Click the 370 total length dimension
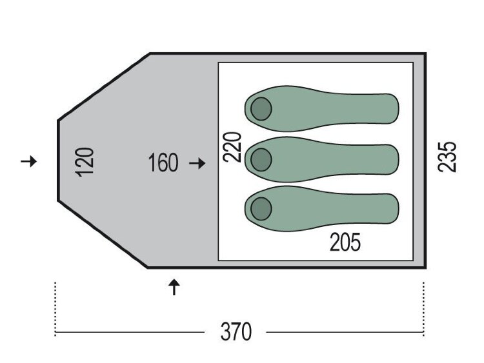pyautogui.click(x=236, y=331)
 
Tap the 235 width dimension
pyautogui.click(x=447, y=157)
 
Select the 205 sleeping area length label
pyautogui.click(x=345, y=242)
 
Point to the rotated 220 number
pyautogui.click(x=232, y=147)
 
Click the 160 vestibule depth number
pyautogui.click(x=163, y=162)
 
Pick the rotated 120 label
pyautogui.click(x=85, y=162)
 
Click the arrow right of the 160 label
pyautogui.click(x=197, y=163)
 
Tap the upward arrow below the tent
pyautogui.click(x=174, y=287)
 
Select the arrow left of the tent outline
pyautogui.click(x=28, y=161)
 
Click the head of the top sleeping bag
pyautogui.click(x=261, y=109)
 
